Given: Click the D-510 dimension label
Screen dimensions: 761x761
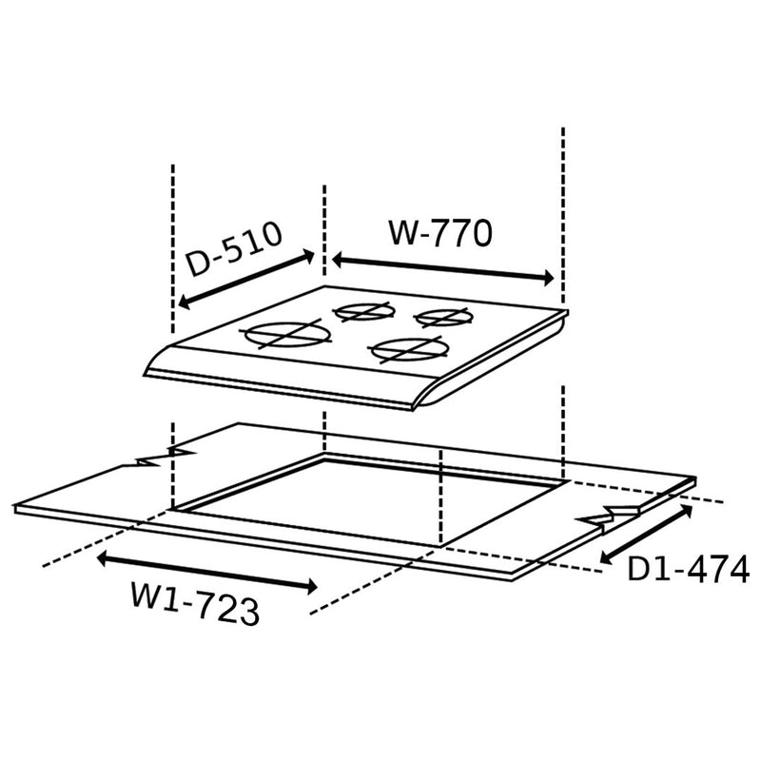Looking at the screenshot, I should click(233, 249).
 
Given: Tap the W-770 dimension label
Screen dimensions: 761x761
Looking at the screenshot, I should click(440, 233).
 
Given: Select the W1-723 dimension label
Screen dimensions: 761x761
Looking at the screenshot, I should click(195, 606).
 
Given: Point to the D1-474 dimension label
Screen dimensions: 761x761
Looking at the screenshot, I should click(688, 569).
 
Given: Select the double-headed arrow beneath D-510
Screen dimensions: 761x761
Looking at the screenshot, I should click(245, 280).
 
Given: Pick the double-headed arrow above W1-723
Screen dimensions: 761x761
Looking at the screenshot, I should click(207, 570).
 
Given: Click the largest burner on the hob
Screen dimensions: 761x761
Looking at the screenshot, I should click(285, 335).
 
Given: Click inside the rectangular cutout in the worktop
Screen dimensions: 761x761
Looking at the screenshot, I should click(380, 499).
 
